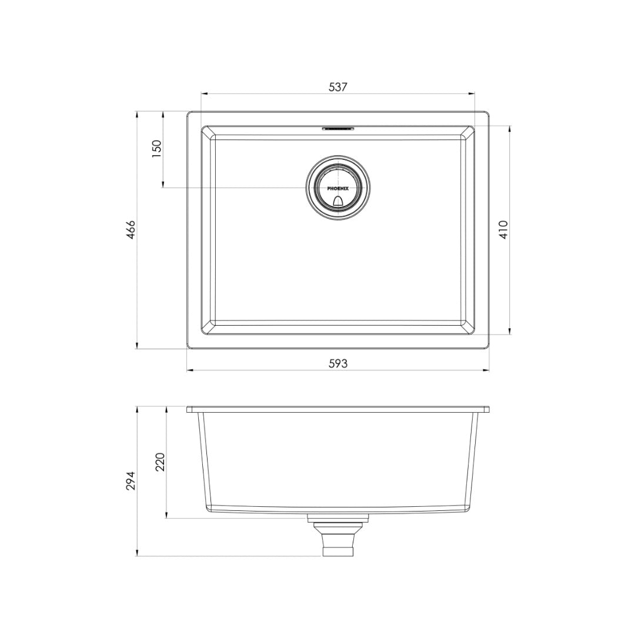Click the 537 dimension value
coord(338,86)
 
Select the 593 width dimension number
coord(338,363)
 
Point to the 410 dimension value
coord(503,229)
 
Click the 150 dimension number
coord(156,149)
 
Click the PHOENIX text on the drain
coord(338,188)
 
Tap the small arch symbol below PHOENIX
coord(338,201)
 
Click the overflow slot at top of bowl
coord(338,127)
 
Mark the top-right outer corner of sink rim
coord(489,112)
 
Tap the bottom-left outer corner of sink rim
coord(188,348)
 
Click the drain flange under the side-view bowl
coord(338,517)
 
